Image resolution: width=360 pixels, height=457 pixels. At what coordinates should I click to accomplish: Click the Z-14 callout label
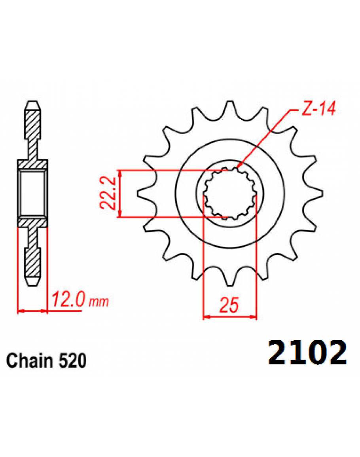point(318,108)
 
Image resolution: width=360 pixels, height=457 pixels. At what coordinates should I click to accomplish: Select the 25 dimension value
point(229,305)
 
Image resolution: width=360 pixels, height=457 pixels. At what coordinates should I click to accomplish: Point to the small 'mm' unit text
point(99,302)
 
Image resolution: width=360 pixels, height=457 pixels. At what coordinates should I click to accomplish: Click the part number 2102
point(307,353)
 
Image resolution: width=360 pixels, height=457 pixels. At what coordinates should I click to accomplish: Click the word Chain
point(29,360)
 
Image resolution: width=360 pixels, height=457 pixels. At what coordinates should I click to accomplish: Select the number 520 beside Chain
point(72,360)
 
